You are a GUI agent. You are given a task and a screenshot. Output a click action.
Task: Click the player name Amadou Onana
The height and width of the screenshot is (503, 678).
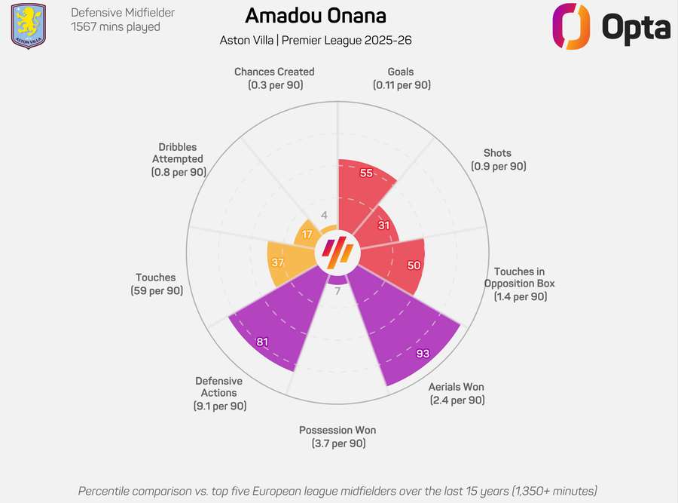coord(316,16)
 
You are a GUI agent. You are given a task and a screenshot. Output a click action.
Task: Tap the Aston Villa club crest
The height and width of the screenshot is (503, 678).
coord(28,26)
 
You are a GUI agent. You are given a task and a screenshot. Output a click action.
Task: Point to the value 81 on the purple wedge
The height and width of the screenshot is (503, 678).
coord(262,342)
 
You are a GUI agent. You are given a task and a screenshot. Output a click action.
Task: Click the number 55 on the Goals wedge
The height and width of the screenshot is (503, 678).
coord(367,173)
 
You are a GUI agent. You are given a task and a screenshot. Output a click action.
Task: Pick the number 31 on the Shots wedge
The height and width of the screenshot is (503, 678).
coord(384,225)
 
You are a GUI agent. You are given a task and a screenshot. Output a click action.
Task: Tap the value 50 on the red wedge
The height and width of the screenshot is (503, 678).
coord(414,265)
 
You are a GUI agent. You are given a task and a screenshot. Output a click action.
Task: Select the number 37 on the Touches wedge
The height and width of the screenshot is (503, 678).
coord(278,262)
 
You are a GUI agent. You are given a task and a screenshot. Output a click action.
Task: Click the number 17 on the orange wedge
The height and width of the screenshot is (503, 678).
coord(307,235)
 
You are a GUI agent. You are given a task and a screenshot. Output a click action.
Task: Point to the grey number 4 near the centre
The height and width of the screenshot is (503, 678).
coord(324,216)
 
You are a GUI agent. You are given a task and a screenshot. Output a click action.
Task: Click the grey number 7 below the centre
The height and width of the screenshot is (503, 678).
coord(337,290)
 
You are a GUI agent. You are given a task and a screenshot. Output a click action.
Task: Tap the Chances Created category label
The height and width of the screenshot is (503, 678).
coord(274,78)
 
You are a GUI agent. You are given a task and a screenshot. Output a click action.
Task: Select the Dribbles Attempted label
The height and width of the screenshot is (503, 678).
coord(178,159)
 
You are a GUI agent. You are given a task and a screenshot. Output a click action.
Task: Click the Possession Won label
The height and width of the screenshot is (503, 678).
coord(337,437)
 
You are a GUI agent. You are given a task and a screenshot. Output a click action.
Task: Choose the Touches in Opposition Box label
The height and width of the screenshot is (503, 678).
coord(521,284)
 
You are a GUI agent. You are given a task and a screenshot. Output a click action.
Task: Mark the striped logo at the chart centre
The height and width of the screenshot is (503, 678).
coord(337,252)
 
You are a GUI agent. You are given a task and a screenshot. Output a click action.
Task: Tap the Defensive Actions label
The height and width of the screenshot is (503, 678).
coord(219,393)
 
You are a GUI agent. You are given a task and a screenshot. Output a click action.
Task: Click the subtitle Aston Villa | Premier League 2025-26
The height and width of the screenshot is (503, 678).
coord(316,39)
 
